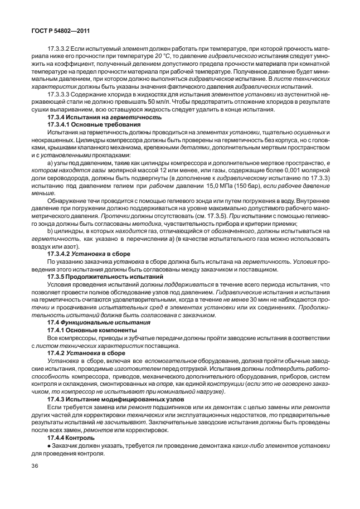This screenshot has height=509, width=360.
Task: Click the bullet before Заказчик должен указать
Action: (50, 445)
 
